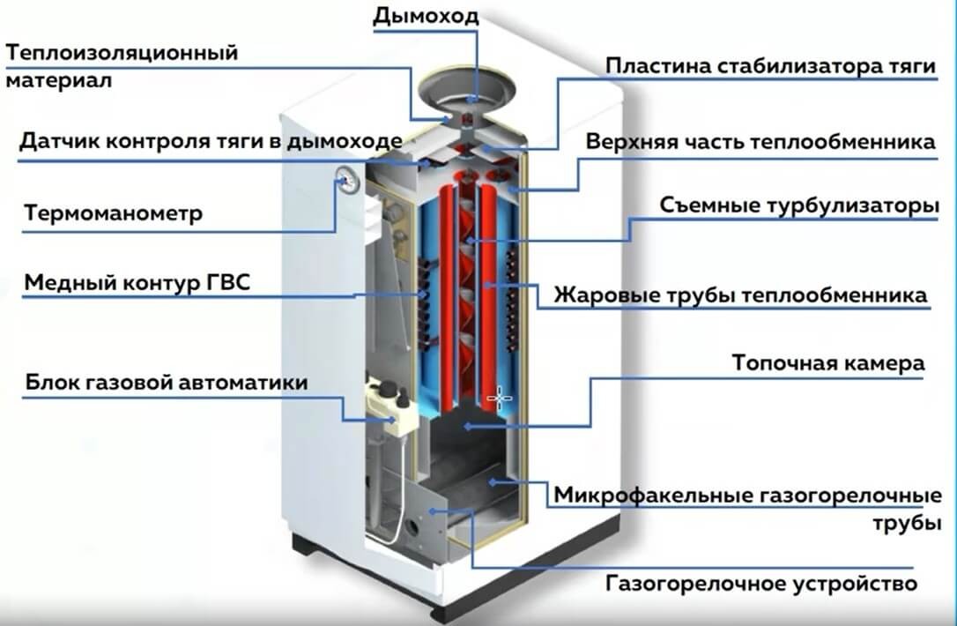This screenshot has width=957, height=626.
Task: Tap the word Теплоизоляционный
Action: tap(122, 53)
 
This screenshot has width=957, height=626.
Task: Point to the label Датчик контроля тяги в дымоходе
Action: tap(211, 141)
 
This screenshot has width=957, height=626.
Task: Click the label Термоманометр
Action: tap(114, 213)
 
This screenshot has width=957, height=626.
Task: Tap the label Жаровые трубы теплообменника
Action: tap(741, 294)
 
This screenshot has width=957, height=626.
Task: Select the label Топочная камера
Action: tap(828, 363)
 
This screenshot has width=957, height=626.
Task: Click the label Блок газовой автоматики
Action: tap(167, 384)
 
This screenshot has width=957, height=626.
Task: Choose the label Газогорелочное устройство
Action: tap(762, 584)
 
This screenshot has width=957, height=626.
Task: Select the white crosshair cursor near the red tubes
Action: tap(500, 399)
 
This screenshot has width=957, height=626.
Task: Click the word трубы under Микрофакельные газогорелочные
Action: tap(901, 522)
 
